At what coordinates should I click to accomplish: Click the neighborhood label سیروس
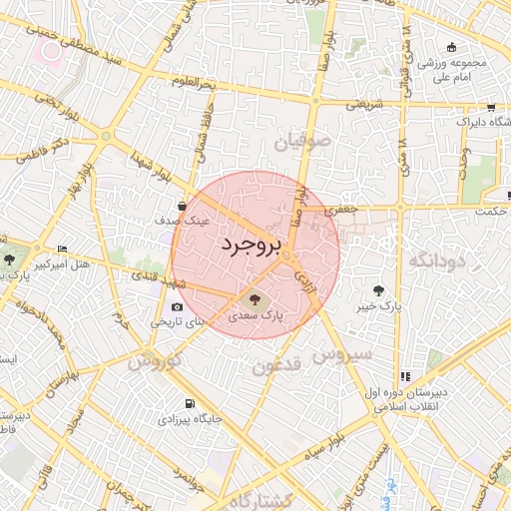tap(342, 353)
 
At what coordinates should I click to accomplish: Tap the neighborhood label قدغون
tap(276, 366)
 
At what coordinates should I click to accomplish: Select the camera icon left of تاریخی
tap(177, 307)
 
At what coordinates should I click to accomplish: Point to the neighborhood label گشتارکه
tap(264, 498)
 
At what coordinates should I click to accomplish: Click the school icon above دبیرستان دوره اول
tap(405, 376)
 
